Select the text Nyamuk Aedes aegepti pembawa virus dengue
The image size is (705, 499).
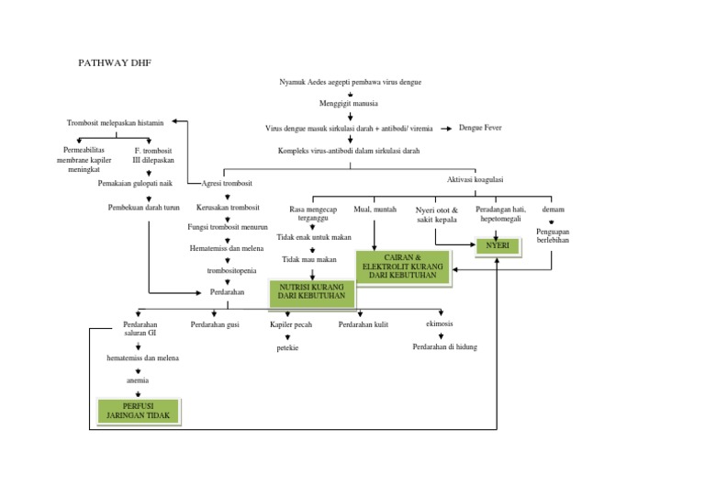(350, 82)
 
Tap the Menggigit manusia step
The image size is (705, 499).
(350, 104)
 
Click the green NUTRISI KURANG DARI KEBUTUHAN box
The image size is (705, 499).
(311, 292)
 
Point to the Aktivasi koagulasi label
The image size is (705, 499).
(475, 180)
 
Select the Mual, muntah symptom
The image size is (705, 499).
(375, 210)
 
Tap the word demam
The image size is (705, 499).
(553, 210)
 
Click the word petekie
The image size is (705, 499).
(287, 348)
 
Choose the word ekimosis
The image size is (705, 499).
(439, 324)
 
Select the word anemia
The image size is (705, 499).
(138, 380)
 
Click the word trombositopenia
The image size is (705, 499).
(225, 271)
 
